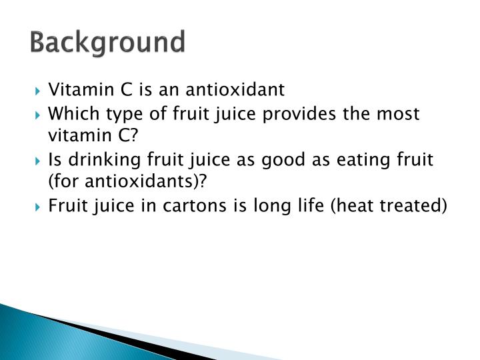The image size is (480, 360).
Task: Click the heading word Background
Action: [107, 43]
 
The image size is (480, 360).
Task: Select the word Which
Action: [71, 114]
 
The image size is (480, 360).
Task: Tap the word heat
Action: [347, 206]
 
